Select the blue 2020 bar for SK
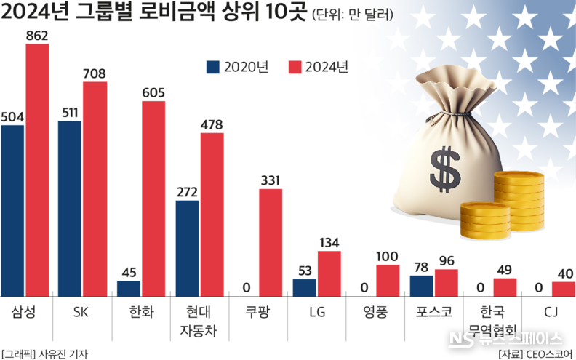tap(70, 209)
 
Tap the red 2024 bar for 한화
tap(153, 198)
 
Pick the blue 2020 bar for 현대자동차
tap(187, 249)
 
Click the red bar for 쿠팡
tap(271, 242)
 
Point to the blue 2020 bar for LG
tap(305, 287)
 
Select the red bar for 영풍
tap(388, 281)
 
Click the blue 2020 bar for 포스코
tap(422, 285)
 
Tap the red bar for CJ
tap(563, 289)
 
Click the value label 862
tap(37, 33)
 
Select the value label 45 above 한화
tap(129, 272)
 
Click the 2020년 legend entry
tap(237, 67)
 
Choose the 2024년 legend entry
tap(318, 67)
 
